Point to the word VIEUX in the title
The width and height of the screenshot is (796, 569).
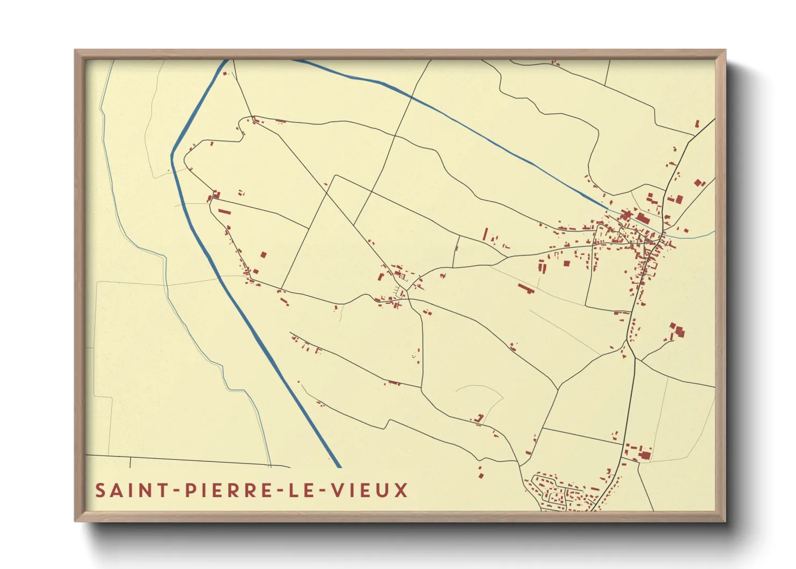pyautogui.click(x=369, y=490)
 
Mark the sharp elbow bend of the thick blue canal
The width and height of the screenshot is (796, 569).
pyautogui.click(x=172, y=156)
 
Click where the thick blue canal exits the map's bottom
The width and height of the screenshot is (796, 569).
pyautogui.click(x=339, y=466)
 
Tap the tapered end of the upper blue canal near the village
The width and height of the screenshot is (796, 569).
pyautogui.click(x=606, y=207)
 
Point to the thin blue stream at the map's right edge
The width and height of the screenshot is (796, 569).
pyautogui.click(x=705, y=235)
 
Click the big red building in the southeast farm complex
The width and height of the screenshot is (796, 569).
pyautogui.click(x=645, y=455)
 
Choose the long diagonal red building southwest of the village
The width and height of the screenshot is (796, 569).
pyautogui.click(x=525, y=289)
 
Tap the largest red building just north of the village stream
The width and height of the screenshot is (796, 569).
pyautogui.click(x=642, y=218)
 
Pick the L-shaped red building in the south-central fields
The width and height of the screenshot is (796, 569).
pyautogui.click(x=479, y=418)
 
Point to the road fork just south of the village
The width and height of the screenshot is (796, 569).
pyautogui.click(x=627, y=340)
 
